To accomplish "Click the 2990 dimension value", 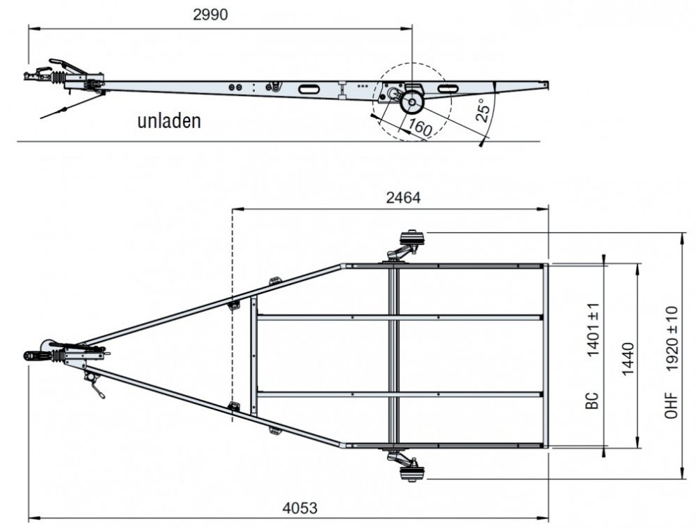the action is click(210, 15).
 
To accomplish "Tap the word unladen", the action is click(169, 121).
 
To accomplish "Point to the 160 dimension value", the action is click(419, 127).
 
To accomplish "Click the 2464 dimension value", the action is click(403, 198).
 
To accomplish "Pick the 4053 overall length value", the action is click(300, 508).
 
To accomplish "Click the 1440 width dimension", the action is click(628, 359).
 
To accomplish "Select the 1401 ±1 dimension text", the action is click(593, 330).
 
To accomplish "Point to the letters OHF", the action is click(671, 405).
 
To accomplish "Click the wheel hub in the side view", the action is click(412, 103).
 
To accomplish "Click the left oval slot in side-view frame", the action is click(307, 89).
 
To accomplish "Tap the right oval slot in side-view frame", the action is click(448, 89).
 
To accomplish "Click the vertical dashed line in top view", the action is click(232, 315).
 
